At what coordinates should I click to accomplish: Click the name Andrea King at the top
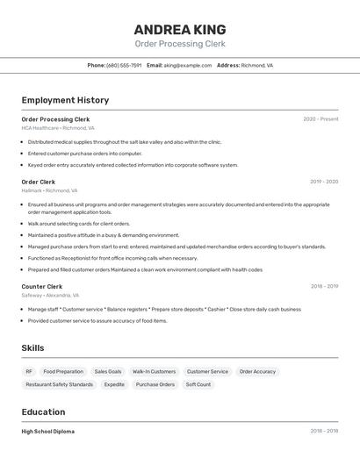tap(180, 29)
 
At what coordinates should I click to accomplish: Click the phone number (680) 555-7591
tap(124, 65)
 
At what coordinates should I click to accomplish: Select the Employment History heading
tap(65, 100)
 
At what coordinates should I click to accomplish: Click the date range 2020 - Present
tap(320, 119)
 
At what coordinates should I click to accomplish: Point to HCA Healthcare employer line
tap(58, 128)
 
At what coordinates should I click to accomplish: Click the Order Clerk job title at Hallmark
tap(39, 182)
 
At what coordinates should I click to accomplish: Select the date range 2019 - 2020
tap(324, 182)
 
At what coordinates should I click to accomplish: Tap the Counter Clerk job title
tap(42, 286)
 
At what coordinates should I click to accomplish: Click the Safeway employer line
tap(50, 296)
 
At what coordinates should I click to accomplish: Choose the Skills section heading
tap(32, 348)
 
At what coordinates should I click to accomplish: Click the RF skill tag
tap(29, 372)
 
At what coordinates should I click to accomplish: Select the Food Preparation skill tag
tap(63, 372)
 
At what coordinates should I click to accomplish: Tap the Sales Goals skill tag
tap(108, 372)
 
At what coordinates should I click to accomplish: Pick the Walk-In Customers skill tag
tap(154, 372)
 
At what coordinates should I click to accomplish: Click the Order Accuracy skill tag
tap(257, 372)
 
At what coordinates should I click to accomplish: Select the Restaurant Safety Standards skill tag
tap(59, 384)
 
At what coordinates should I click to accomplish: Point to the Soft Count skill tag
tap(198, 384)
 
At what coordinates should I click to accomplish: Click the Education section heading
tap(43, 412)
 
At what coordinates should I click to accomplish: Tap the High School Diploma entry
tap(48, 432)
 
